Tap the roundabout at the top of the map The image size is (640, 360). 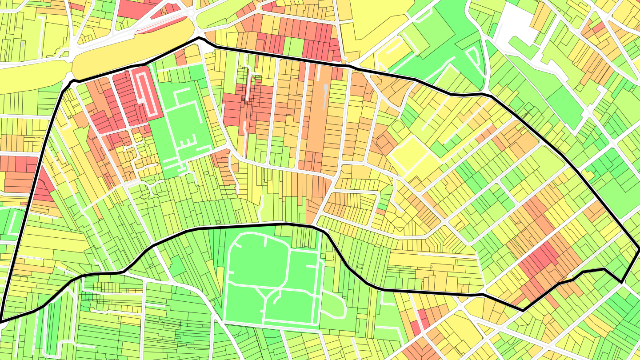tap(192, 13)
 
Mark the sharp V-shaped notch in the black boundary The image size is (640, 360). tap(621, 281)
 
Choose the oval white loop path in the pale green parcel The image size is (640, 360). tap(333, 305)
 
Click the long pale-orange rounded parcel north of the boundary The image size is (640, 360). tap(133, 49)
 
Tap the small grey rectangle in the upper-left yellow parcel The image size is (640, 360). tap(23, 44)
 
